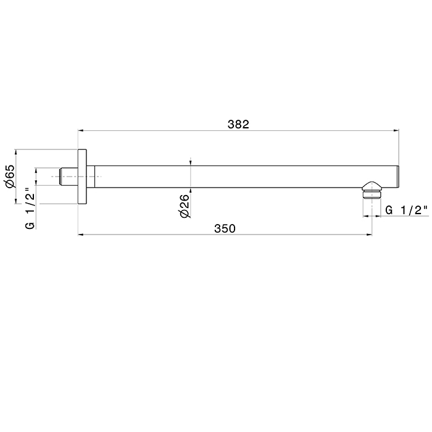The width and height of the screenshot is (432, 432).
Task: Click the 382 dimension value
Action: click(x=238, y=124)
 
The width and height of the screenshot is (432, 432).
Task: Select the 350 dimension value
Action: click(x=225, y=229)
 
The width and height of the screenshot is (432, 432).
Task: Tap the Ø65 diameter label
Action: click(x=9, y=177)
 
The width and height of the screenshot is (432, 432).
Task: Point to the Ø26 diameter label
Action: click(x=185, y=206)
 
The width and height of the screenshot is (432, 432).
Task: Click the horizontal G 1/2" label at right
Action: click(x=407, y=210)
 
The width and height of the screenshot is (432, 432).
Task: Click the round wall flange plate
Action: click(x=82, y=177)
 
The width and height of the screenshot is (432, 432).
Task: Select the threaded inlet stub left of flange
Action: click(x=69, y=177)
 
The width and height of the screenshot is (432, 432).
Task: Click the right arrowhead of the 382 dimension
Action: click(x=396, y=131)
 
